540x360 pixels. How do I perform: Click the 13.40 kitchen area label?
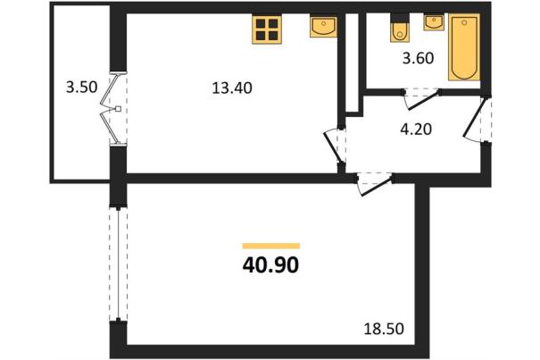coord(232,88)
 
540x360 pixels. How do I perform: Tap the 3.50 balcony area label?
coord(81,87)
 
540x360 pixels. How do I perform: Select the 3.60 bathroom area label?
coord(418,58)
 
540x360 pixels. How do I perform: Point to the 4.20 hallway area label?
coord(416,130)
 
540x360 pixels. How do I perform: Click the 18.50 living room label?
coord(384,329)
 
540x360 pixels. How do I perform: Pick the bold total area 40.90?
coord(270,265)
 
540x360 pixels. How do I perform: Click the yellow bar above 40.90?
coord(271,246)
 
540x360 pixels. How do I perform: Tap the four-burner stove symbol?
coord(267,29)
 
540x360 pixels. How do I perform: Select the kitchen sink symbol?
coord(323,27)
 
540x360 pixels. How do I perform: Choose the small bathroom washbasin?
coord(434,22)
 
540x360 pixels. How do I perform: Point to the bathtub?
coord(464,47)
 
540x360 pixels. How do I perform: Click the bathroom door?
coord(421,98)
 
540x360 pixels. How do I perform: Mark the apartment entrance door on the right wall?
coord(477,120)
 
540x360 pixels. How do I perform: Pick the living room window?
coord(118,264)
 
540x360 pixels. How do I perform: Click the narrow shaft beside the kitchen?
coord(352,63)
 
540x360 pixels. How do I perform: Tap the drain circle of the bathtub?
coord(464,22)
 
